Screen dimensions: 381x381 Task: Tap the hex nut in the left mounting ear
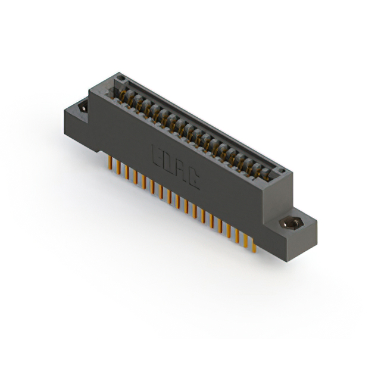[x=82, y=108]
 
